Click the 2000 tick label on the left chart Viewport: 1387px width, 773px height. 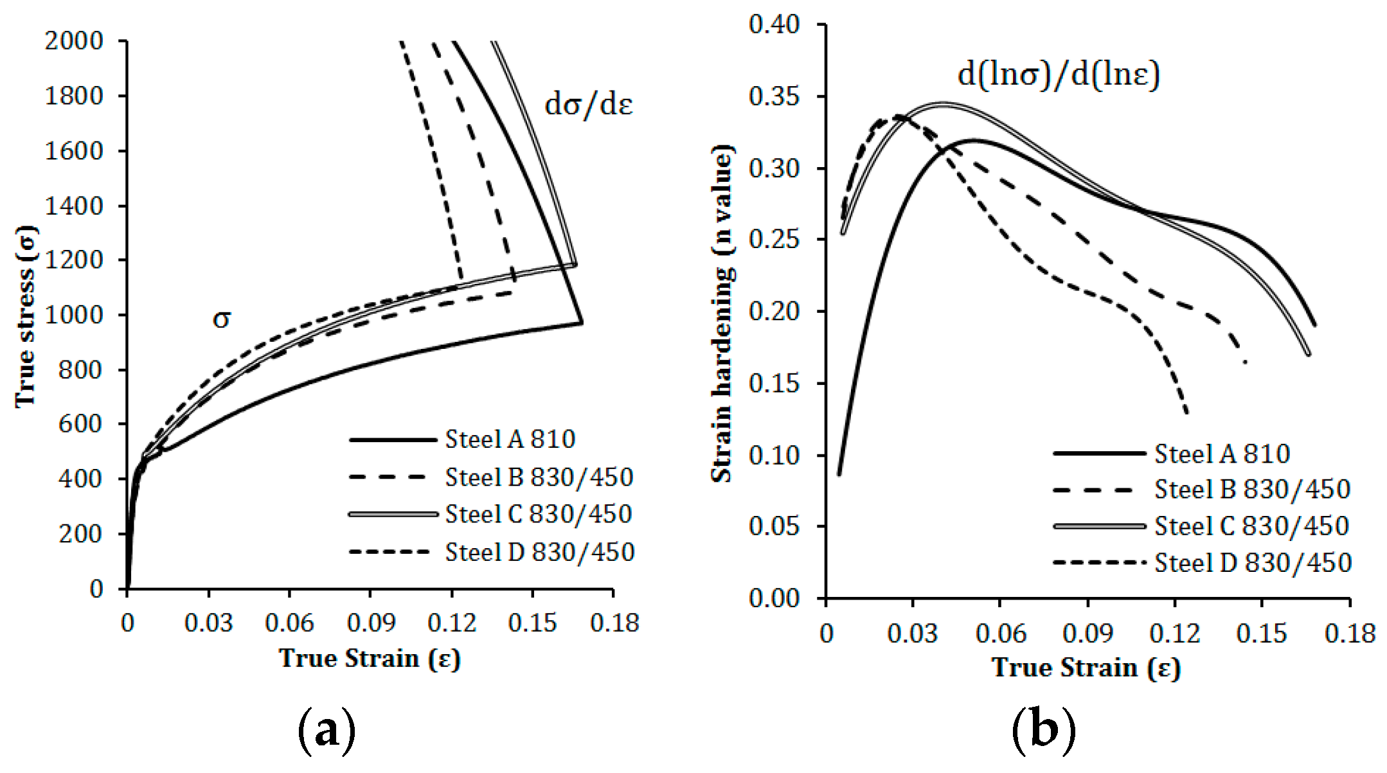point(74,41)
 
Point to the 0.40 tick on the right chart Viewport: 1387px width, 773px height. point(774,24)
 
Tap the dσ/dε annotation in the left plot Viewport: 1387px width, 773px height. point(588,104)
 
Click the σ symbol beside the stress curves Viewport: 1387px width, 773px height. point(221,318)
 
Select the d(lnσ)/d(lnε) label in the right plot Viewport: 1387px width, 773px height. point(1058,75)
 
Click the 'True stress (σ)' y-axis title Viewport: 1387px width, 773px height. point(26,316)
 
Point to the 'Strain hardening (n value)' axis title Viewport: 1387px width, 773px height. point(722,314)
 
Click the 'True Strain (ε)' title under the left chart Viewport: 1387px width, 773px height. point(370,659)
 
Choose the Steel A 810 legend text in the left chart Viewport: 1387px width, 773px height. point(510,440)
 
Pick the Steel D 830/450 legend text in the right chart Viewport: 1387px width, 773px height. point(1253,563)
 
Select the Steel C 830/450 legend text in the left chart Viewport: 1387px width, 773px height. point(539,514)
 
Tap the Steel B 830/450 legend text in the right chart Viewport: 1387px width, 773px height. point(1252,490)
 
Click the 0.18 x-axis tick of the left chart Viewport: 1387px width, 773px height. point(614,623)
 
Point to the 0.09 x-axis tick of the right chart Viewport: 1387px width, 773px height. point(1087,634)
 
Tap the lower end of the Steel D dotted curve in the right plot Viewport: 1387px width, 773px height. point(1186,412)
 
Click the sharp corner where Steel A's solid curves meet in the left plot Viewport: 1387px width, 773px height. point(582,323)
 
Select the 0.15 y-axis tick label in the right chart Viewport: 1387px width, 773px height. point(774,384)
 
